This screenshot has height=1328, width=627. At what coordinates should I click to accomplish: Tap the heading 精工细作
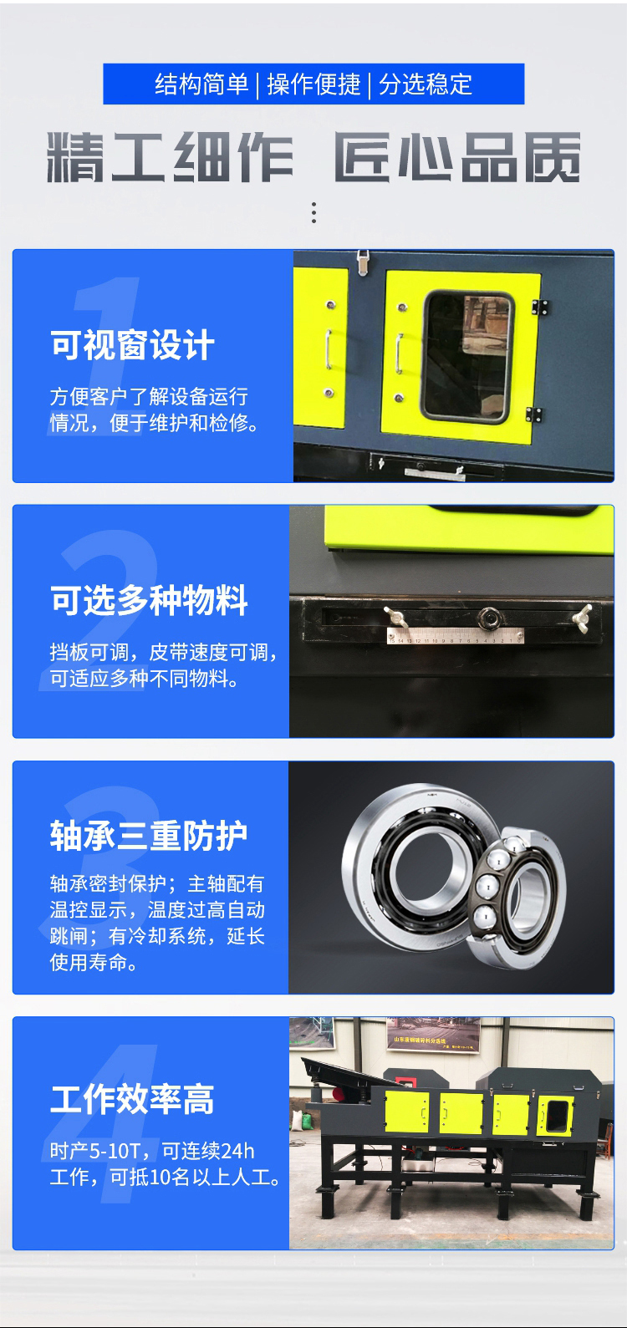171,157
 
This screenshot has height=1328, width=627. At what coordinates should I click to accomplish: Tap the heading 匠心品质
457,157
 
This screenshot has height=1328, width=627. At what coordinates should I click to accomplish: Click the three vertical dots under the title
313,212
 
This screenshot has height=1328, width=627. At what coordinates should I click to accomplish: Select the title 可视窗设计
133,345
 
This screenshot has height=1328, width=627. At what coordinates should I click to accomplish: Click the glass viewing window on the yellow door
467,354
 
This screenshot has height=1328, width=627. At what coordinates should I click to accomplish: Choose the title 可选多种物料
150,600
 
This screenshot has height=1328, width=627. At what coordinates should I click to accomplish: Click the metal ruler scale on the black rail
456,638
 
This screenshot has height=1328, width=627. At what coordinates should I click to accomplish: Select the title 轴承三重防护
149,836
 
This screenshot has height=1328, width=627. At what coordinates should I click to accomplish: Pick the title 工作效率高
132,1100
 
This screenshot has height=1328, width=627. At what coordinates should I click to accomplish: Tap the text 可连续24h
208,1151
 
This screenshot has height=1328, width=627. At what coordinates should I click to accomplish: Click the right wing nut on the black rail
580,617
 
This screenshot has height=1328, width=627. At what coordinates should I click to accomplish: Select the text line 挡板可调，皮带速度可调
164,652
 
